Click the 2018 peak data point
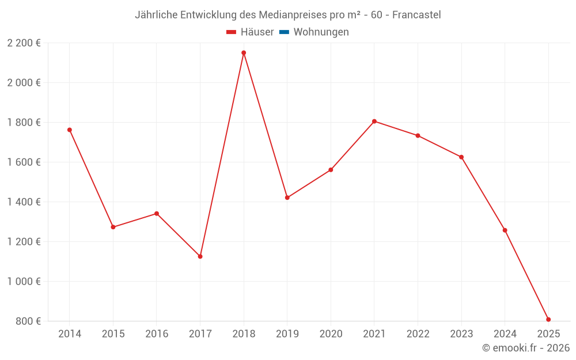point(244,53)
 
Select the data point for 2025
point(548,320)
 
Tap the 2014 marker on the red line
point(70,130)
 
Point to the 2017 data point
point(200,256)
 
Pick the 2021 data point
point(374,122)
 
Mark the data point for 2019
point(287,198)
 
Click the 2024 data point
point(505,230)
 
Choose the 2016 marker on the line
point(157,214)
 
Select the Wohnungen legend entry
point(321,32)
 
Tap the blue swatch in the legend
point(284,32)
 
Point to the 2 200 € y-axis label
point(24,43)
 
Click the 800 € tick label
point(29,321)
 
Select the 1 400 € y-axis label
point(24,202)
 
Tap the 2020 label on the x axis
point(331,334)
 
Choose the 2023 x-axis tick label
point(461,334)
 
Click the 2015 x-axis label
point(113,334)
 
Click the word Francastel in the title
point(416,15)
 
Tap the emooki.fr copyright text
point(526,348)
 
